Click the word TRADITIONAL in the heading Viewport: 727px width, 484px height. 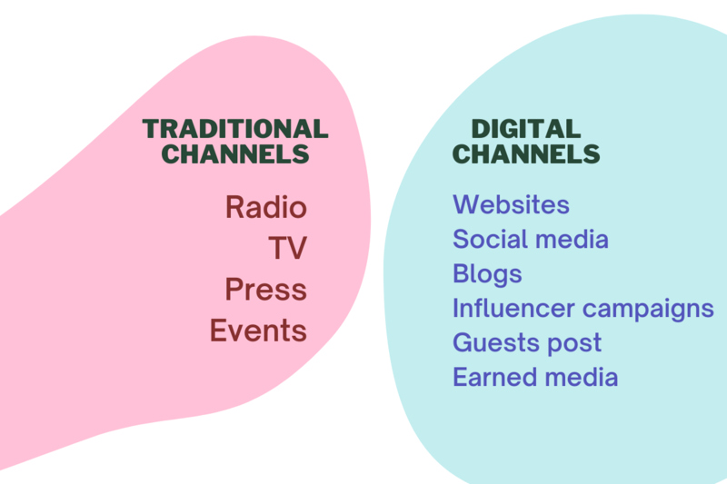pyautogui.click(x=235, y=129)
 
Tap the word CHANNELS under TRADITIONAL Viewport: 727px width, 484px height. pyautogui.click(x=235, y=153)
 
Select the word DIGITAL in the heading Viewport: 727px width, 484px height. pyautogui.click(x=526, y=129)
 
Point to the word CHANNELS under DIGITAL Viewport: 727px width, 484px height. pyautogui.click(x=526, y=153)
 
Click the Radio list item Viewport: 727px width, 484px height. pyautogui.click(x=266, y=206)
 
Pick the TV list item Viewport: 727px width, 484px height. pyautogui.click(x=287, y=247)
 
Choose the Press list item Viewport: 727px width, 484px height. pyautogui.click(x=266, y=289)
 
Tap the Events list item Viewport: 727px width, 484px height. pyautogui.click(x=258, y=331)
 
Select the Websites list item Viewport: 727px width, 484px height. pyautogui.click(x=511, y=204)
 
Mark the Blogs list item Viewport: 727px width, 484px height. pyautogui.click(x=487, y=274)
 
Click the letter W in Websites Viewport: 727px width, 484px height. pyautogui.click(x=464, y=204)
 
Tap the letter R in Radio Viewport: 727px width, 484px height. pyautogui.click(x=234, y=206)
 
